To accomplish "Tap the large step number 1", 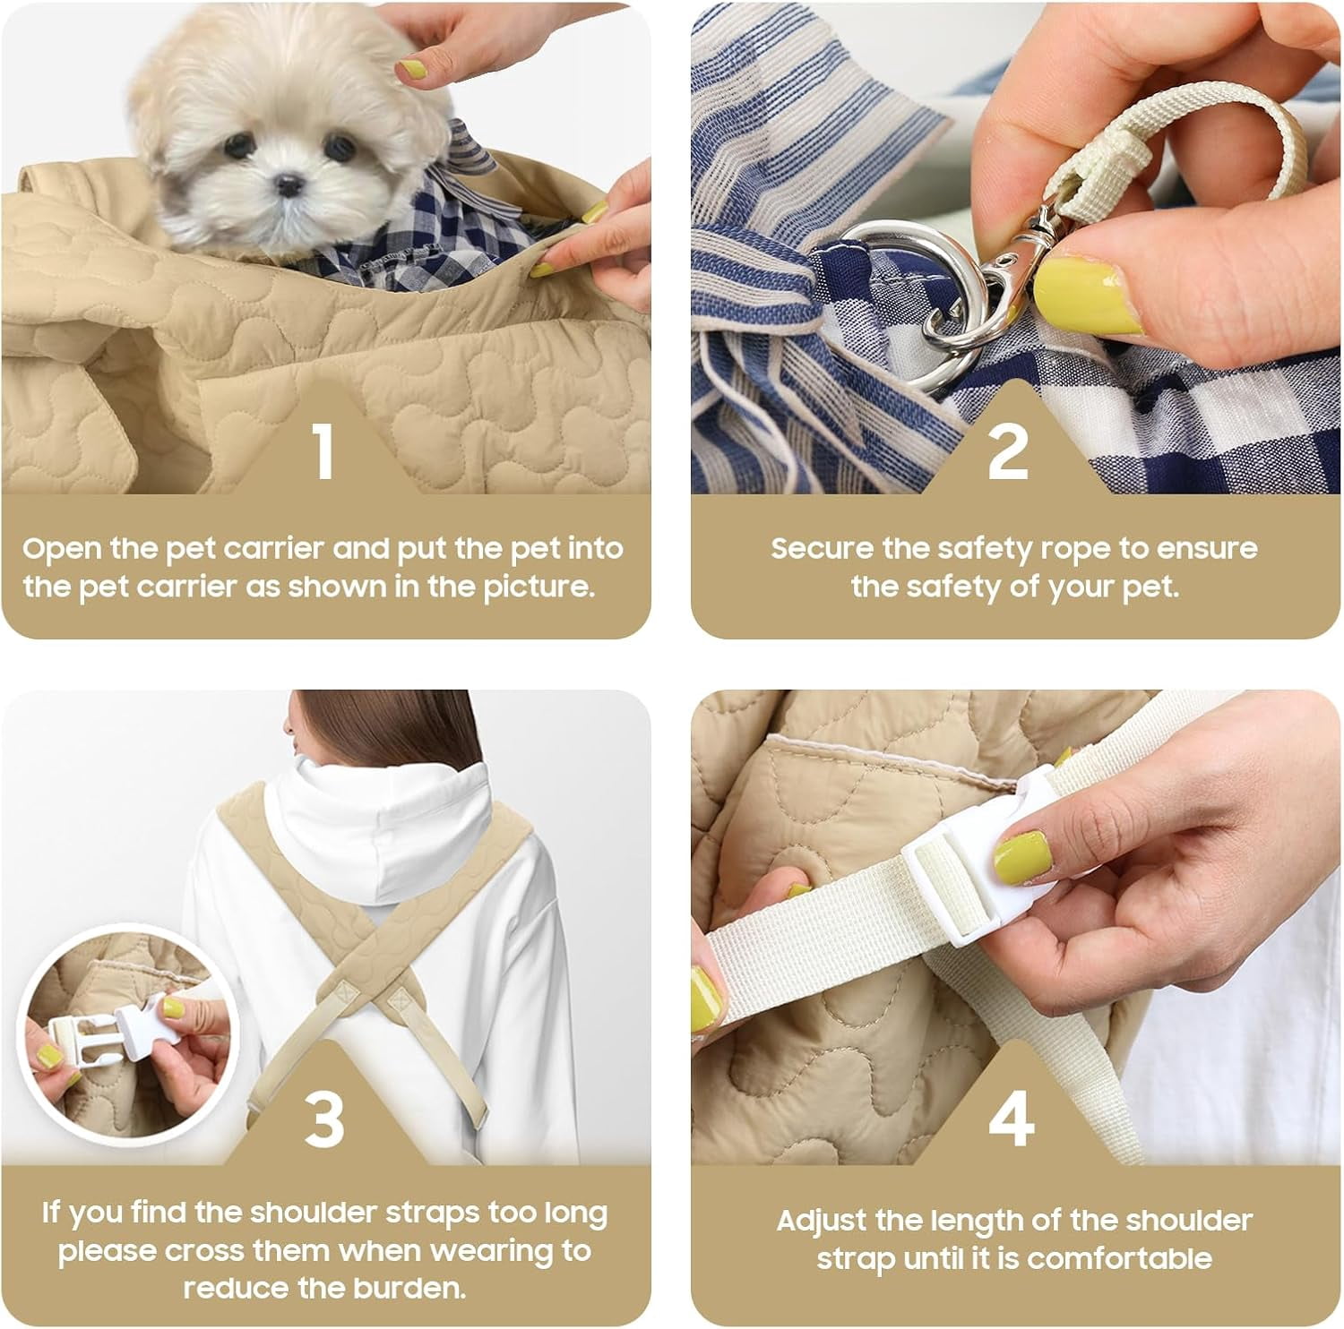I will pyautogui.click(x=323, y=450).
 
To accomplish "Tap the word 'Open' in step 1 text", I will pyautogui.click(x=60, y=549).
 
